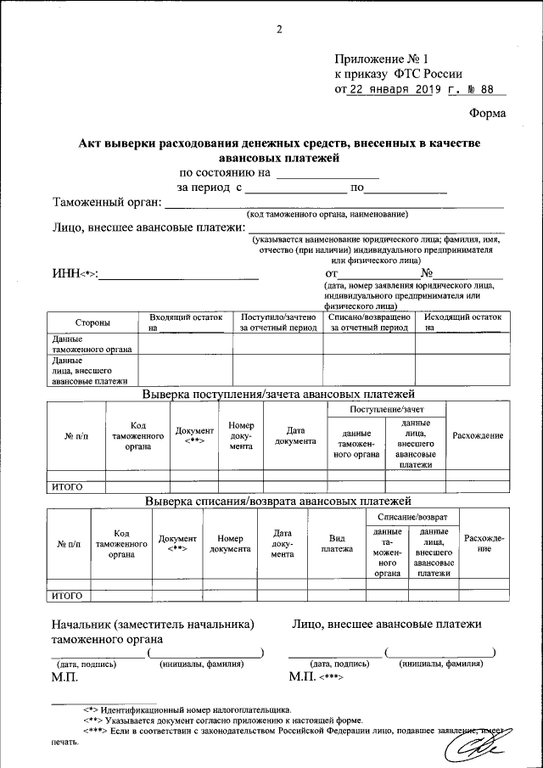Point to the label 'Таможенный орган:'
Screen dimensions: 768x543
pyautogui.click(x=106, y=203)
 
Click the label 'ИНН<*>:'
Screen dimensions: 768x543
pyautogui.click(x=75, y=273)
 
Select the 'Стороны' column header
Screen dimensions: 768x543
pyautogui.click(x=92, y=323)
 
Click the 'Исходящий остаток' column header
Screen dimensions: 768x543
pyautogui.click(x=463, y=321)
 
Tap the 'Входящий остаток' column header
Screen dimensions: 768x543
pyautogui.click(x=185, y=321)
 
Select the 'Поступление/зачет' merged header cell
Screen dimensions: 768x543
pyautogui.click(x=385, y=410)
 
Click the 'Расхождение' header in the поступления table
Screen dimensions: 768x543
pyautogui.click(x=478, y=435)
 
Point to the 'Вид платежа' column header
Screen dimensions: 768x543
pyautogui.click(x=337, y=544)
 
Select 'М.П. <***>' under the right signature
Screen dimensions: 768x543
pyautogui.click(x=315, y=676)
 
